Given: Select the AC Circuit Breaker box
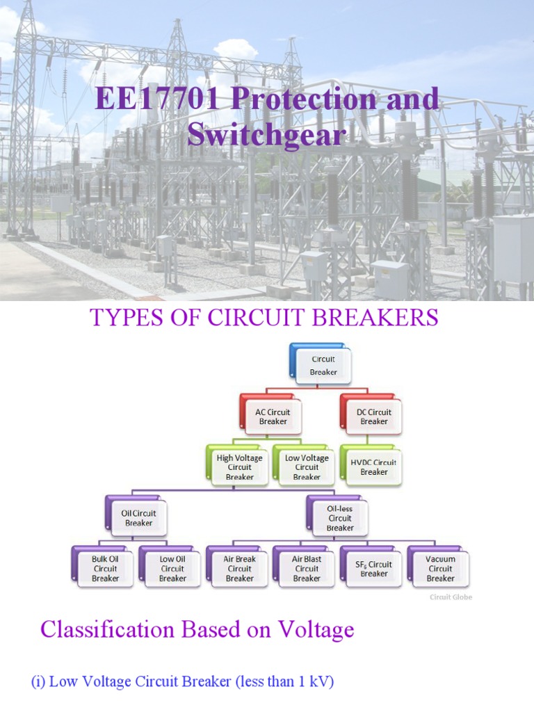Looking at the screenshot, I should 273,416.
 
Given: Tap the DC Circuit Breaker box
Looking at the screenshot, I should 373,416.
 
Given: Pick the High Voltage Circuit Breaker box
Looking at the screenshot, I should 239,467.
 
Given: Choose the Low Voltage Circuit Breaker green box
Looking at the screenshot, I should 307,467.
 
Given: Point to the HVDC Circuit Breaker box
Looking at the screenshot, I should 373,467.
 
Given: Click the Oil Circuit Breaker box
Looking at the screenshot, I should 138,518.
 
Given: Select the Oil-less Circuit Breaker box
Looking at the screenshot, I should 340,518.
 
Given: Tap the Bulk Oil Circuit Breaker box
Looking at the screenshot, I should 105,568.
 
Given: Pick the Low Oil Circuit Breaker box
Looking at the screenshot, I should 172,568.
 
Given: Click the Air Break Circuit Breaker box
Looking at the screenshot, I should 239,568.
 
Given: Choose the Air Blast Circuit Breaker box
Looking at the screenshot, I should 307,568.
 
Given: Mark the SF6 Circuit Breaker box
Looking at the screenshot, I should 373,568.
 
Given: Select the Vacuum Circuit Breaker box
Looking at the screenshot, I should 441,568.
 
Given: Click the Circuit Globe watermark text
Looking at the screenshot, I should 451,597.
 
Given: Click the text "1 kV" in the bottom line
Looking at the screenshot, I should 311,682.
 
